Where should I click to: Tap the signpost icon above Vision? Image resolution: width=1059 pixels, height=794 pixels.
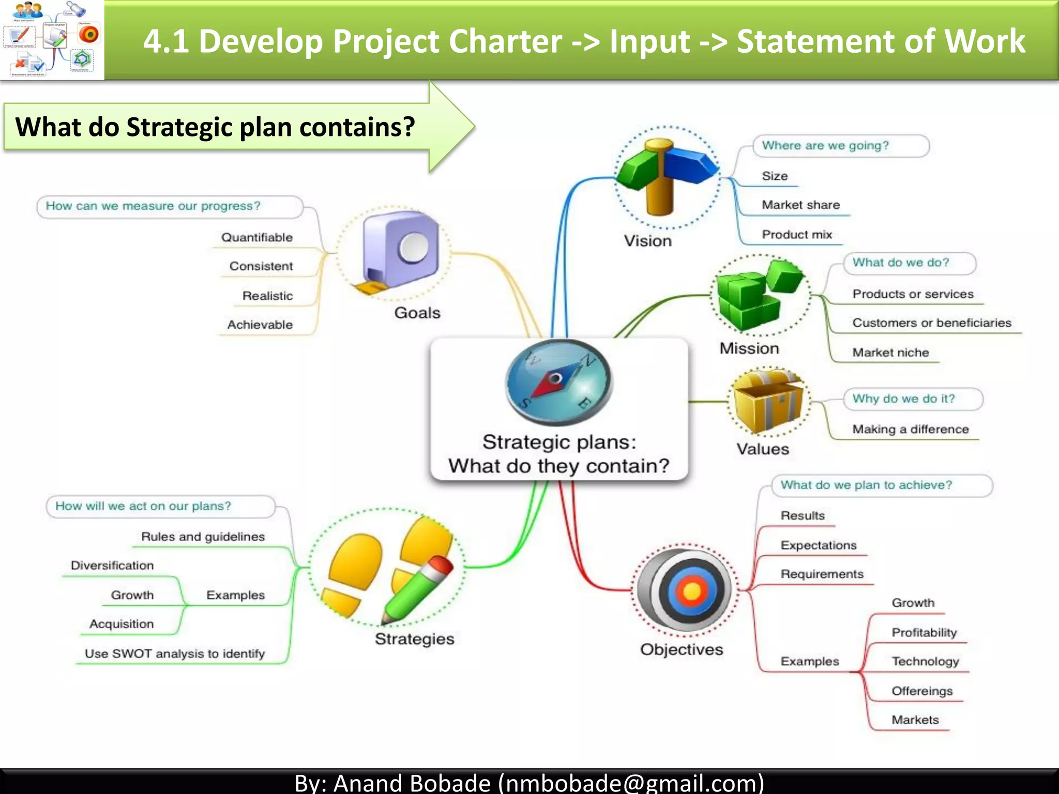[665, 176]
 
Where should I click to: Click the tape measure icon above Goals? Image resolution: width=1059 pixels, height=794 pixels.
[398, 253]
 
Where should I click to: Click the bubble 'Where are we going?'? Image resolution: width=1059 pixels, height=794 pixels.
[840, 146]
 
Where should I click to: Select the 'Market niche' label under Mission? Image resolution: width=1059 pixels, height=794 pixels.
[890, 353]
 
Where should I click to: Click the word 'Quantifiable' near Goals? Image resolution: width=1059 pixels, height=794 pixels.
[257, 237]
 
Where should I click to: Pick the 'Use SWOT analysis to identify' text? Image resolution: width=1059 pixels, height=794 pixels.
[175, 653]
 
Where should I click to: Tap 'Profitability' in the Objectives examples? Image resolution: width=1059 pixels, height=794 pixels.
[924, 632]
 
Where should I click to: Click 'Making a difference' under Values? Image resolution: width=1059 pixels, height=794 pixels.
[910, 429]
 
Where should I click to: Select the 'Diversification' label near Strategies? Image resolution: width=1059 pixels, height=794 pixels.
[112, 566]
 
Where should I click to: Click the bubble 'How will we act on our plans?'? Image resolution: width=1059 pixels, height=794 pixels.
[160, 506]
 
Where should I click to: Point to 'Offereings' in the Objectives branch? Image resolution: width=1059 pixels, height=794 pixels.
[922, 691]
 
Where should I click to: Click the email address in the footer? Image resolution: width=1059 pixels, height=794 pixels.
[631, 782]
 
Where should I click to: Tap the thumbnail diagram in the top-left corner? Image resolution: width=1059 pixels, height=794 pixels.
[52, 40]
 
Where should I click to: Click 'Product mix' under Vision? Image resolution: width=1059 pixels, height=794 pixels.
[797, 235]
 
